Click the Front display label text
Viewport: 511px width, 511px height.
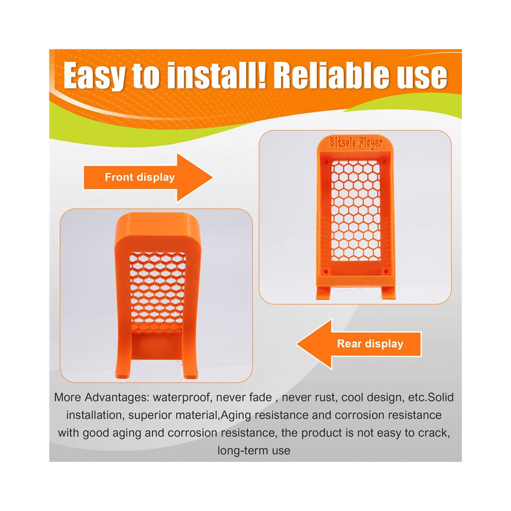pyautogui.click(x=140, y=177)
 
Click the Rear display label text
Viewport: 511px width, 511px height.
pyautogui.click(x=370, y=343)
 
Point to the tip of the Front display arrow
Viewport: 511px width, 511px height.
pyautogui.click(x=213, y=178)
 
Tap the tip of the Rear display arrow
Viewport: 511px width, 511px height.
pyautogui.click(x=296, y=344)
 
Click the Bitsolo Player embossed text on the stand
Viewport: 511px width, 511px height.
pyautogui.click(x=356, y=143)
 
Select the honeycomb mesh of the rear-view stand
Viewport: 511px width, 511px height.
pyautogui.click(x=356, y=211)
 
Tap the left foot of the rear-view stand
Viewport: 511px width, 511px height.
pyautogui.click(x=323, y=293)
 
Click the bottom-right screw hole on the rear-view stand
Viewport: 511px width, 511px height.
pyautogui.click(x=386, y=271)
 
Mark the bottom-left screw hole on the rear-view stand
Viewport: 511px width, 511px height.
pyautogui.click(x=325, y=271)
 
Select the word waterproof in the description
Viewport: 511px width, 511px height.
pyautogui.click(x=181, y=397)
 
